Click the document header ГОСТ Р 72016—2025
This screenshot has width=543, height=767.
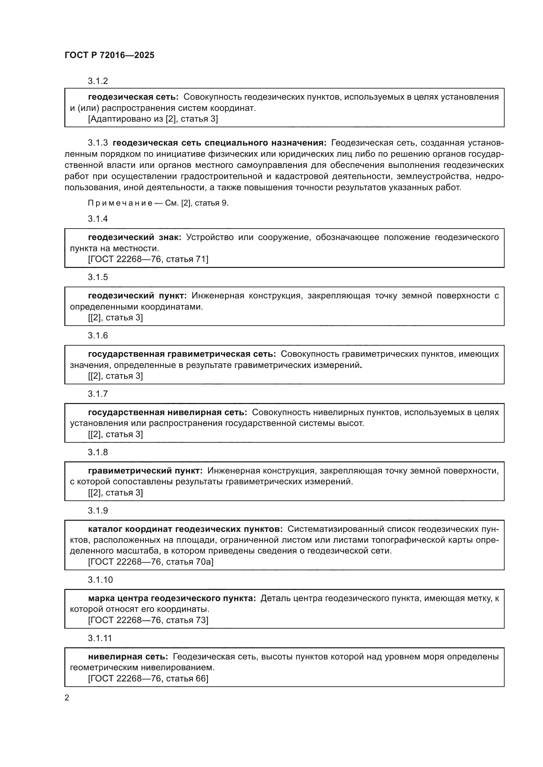[109, 55]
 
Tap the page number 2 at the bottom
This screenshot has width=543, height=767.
[67, 697]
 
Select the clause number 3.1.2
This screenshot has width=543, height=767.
[98, 81]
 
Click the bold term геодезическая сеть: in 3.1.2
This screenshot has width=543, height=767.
[133, 97]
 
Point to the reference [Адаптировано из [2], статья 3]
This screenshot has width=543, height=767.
[153, 119]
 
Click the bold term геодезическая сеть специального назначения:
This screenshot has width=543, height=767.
[219, 143]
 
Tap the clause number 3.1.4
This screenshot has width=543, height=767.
[98, 219]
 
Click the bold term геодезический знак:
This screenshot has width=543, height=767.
[134, 237]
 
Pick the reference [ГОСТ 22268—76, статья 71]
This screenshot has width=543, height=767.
[148, 259]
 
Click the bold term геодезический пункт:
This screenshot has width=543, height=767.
[138, 296]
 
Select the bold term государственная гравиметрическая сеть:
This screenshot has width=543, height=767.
[182, 354]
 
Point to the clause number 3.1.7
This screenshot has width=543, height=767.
[98, 394]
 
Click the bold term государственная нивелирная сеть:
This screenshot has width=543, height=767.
[167, 413]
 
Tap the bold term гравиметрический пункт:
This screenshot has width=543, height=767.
[145, 471]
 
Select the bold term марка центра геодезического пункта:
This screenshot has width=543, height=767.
[172, 598]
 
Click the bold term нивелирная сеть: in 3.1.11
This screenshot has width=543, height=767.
[128, 657]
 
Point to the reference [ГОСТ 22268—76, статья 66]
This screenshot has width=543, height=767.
[148, 678]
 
